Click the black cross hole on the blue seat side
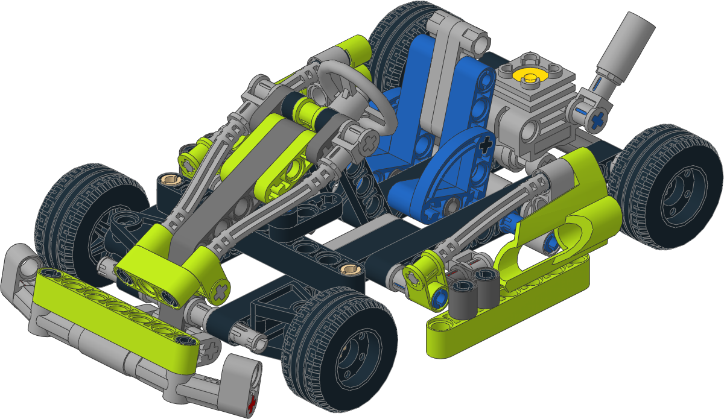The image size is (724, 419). click(x=483, y=145)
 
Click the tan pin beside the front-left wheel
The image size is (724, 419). click(x=168, y=179)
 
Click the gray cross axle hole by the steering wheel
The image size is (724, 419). click(x=369, y=144)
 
